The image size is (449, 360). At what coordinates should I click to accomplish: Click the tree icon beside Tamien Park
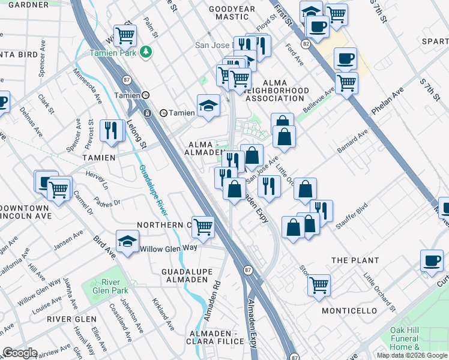pos(145,52)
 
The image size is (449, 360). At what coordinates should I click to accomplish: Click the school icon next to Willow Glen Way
pos(127,241)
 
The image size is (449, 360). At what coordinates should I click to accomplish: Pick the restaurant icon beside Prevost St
pos(111,130)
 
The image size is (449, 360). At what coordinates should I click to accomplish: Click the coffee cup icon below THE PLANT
pos(432,260)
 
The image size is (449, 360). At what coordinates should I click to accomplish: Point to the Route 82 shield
pos(306,44)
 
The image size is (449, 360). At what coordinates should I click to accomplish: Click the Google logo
pos(19,353)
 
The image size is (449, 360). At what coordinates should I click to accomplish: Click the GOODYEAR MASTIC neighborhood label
pos(232,14)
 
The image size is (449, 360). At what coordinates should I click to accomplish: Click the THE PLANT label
pos(355,260)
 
